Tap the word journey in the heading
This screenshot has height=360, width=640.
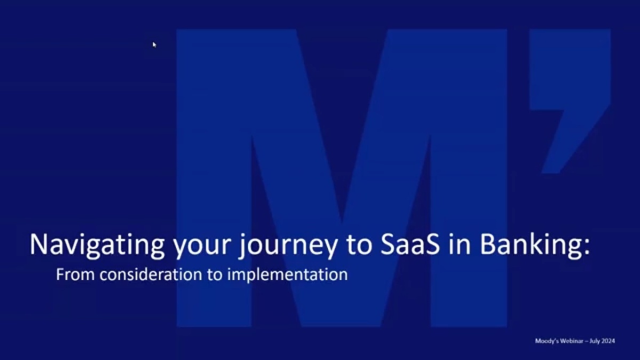pyautogui.click(x=287, y=246)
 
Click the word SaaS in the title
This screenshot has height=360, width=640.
pyautogui.click(x=410, y=245)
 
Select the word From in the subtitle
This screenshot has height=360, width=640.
pyautogui.click(x=75, y=274)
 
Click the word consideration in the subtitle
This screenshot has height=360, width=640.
pyautogui.click(x=151, y=274)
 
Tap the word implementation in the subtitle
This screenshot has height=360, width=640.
pyautogui.click(x=287, y=275)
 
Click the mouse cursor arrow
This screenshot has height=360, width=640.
pyautogui.click(x=154, y=45)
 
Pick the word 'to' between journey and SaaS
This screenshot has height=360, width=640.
pyautogui.click(x=359, y=246)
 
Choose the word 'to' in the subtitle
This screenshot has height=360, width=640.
pyautogui.click(x=214, y=275)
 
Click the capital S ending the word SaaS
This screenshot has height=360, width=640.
pyautogui.click(x=433, y=245)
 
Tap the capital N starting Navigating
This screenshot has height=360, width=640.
pyautogui.click(x=38, y=245)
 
